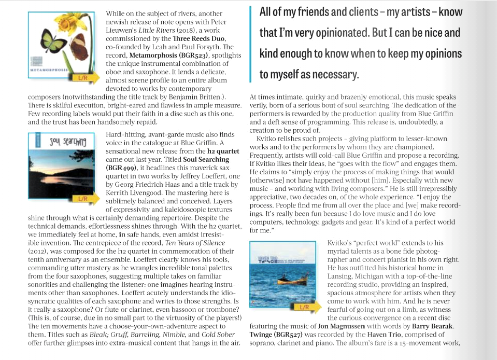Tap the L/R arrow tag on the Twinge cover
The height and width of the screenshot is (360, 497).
[x=305, y=307]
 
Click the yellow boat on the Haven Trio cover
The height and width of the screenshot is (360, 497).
[x=286, y=281]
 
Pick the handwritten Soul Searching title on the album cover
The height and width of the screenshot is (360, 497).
[x=67, y=141]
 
